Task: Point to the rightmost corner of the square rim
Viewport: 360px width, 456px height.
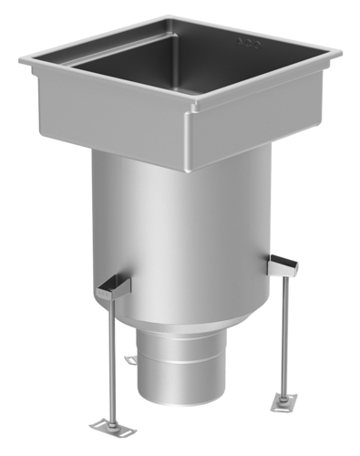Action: coord(341,55)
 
